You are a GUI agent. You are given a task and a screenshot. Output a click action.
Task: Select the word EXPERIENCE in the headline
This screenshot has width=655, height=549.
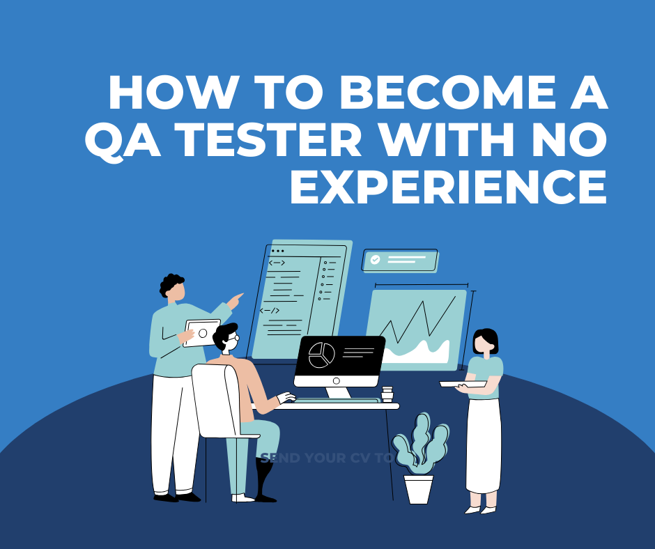pos(447,187)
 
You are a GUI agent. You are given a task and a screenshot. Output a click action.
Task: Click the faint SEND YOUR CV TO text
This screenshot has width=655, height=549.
pos(326,458)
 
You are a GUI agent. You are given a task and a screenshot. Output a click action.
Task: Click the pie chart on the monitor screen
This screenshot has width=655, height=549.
pos(321,355)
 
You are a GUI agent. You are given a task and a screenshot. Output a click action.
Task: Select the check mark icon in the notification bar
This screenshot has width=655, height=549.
pos(376,259)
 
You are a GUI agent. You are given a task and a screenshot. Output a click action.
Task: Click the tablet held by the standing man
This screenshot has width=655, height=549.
pos(202,333)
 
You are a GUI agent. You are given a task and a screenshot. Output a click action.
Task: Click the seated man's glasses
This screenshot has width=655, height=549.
pos(235,338)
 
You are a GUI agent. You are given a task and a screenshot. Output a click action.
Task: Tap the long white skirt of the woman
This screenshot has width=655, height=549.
pos(483,446)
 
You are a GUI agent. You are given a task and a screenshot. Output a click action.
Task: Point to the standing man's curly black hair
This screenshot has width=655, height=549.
pos(171,283)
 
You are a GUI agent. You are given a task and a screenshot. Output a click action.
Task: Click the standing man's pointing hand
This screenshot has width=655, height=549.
pos(237,300)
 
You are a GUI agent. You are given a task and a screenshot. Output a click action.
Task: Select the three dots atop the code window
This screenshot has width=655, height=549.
pos(278,251)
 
